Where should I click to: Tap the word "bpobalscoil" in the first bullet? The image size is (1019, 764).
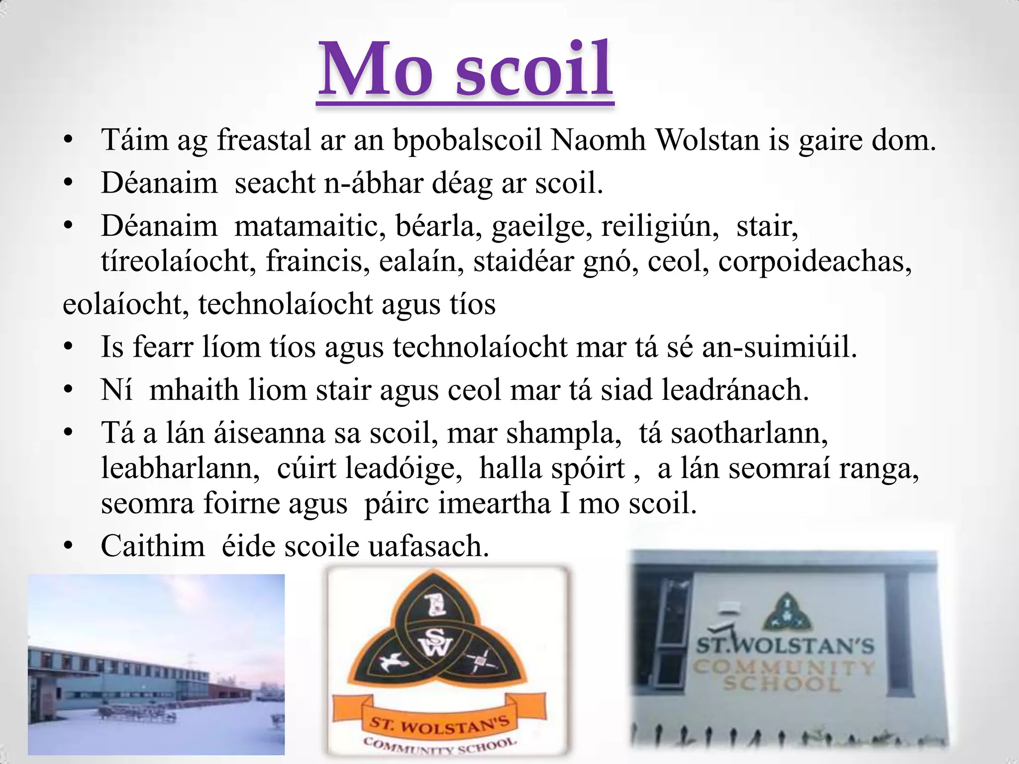[x=467, y=140]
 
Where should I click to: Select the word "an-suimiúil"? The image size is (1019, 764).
[x=779, y=347]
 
